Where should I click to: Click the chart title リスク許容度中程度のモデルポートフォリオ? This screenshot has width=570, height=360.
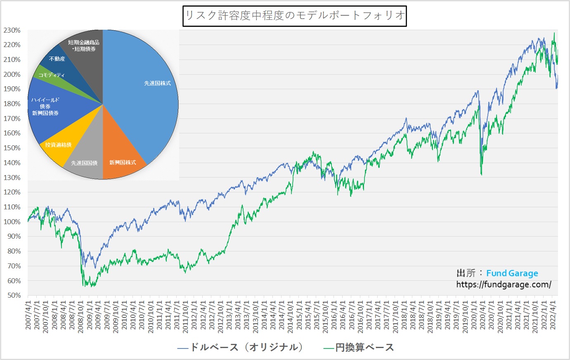[295, 16]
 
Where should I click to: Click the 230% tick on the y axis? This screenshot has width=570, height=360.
[12, 30]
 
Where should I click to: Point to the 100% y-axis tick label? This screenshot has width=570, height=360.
[12, 222]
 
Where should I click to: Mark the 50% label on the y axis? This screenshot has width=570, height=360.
[14, 295]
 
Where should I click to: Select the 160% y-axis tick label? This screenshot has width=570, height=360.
[12, 133]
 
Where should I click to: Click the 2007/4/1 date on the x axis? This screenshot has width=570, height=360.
[28, 314]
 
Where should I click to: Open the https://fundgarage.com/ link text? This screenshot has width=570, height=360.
[504, 284]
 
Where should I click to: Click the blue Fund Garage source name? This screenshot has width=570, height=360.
[512, 273]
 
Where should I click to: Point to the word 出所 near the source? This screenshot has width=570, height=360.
[466, 273]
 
